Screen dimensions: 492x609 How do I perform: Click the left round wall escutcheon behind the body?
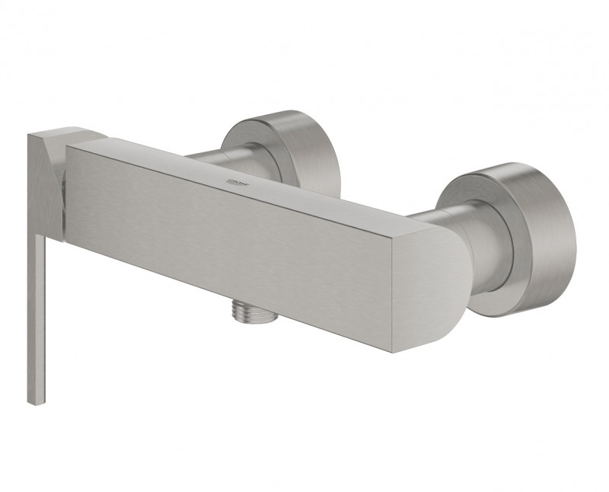pyautogui.click(x=282, y=149)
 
